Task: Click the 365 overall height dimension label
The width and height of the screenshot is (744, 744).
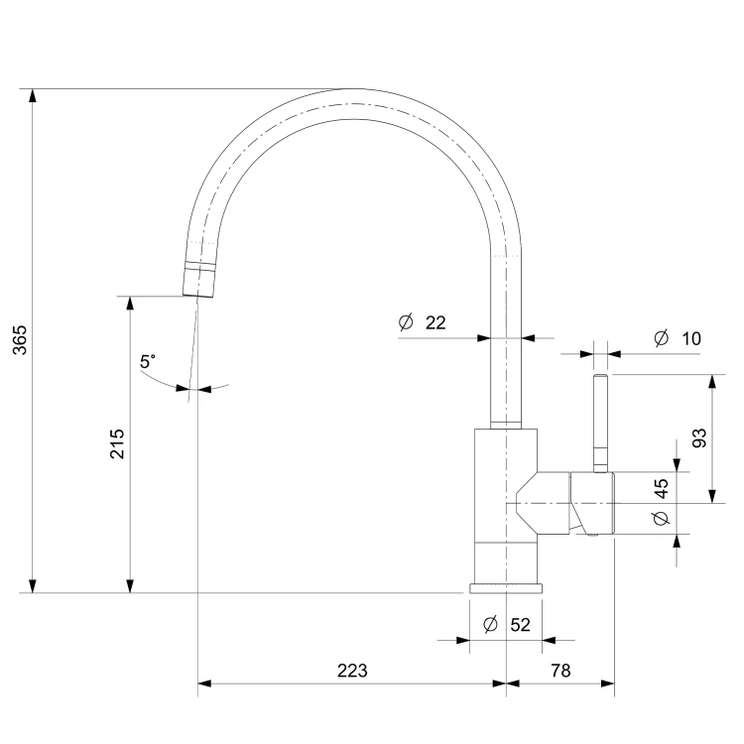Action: point(20,340)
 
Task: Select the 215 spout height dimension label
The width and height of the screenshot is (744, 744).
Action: point(117,443)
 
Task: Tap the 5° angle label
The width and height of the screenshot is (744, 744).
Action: point(148,361)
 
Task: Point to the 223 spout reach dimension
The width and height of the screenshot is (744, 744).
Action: point(352,671)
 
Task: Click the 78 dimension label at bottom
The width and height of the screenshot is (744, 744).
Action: point(560,671)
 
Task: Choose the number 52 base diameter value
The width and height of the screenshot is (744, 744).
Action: point(520,624)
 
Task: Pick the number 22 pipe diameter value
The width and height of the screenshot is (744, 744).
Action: point(435,322)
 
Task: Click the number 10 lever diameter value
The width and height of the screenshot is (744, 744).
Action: point(691,339)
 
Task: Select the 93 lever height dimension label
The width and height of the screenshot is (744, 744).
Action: point(699,437)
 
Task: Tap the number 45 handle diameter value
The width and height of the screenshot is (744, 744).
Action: point(661,489)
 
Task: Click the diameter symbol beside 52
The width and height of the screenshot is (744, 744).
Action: point(490,624)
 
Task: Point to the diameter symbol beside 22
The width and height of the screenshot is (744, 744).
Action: point(406,322)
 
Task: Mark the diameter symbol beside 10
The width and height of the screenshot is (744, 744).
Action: point(661,338)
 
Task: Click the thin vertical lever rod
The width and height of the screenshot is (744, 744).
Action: point(601,424)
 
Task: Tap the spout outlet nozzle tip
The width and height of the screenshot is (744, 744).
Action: point(198,280)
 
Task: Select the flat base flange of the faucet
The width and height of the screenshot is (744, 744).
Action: point(506,588)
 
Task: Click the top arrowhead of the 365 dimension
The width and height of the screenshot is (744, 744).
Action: point(33,95)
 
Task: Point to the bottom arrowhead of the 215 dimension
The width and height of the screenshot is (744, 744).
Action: point(131,586)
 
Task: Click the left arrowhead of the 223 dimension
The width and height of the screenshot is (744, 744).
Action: point(204,683)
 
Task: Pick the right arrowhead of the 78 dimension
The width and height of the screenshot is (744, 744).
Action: point(608,683)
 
